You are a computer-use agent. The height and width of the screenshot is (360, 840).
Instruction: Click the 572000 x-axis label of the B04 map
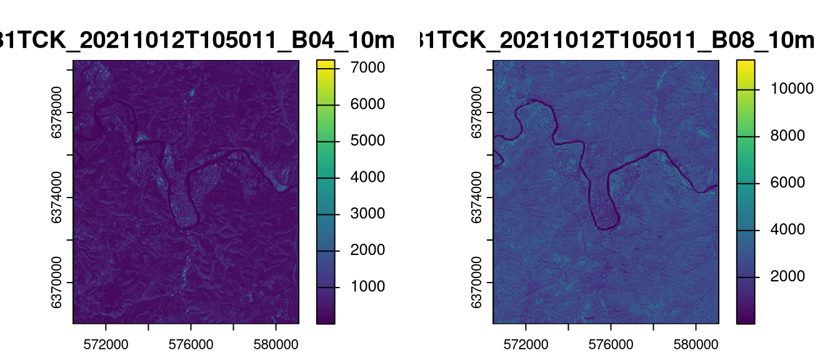point(106,344)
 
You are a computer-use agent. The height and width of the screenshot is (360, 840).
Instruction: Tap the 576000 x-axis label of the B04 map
point(191,344)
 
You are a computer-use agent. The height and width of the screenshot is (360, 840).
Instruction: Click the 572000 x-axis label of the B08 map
point(526,344)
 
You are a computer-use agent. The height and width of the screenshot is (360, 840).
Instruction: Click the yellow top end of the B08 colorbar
point(745,62)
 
